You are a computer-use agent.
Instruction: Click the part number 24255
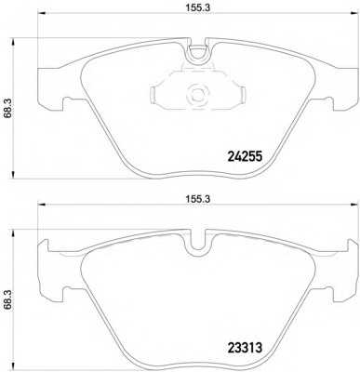245,156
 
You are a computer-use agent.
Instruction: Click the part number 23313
245,348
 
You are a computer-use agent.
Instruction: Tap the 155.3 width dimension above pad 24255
198,8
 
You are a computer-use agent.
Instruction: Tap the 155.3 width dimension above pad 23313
198,199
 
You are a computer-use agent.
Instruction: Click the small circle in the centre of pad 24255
196,93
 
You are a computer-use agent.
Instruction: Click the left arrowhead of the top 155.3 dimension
41,13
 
